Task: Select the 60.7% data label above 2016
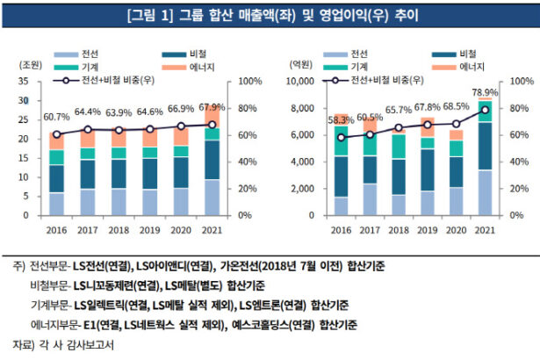coord(56,117)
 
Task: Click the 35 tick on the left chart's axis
coord(25,81)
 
